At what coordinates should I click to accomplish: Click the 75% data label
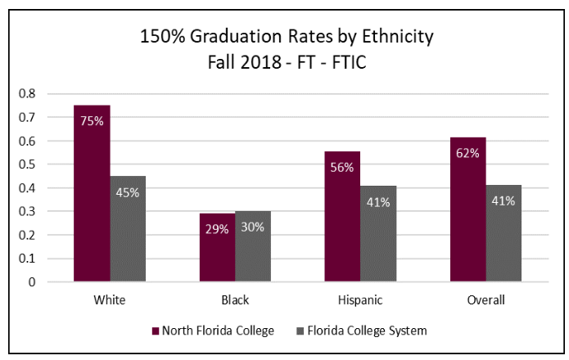92,121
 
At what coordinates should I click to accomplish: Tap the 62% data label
467,152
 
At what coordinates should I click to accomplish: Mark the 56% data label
342,167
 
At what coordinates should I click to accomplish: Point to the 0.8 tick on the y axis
28,93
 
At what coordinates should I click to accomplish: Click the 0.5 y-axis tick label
28,164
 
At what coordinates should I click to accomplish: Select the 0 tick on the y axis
33,282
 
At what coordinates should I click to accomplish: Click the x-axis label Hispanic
360,299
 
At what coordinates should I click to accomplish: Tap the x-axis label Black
235,299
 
